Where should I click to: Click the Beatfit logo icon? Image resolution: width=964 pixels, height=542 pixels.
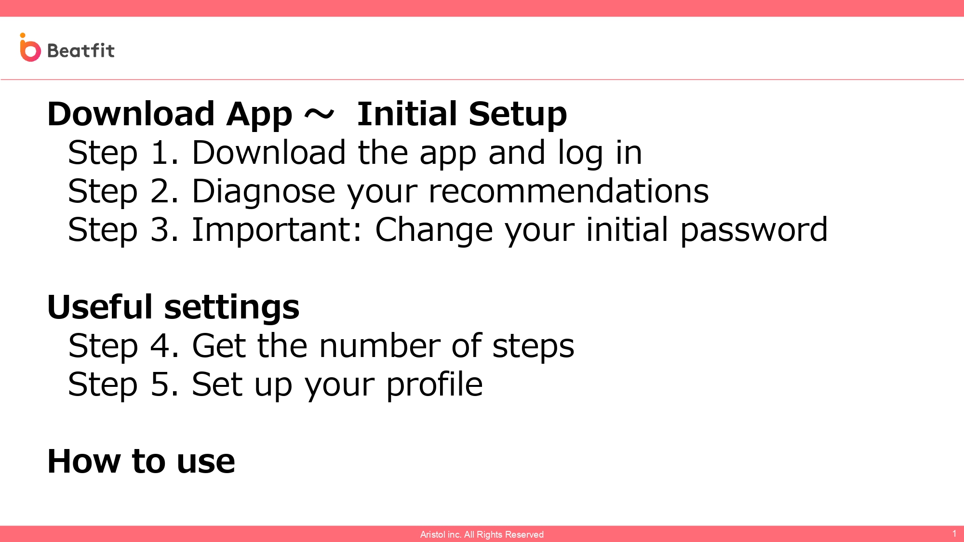[x=30, y=48]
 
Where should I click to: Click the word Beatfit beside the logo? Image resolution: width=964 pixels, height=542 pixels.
[x=81, y=50]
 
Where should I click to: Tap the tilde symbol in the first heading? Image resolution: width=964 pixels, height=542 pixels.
[x=319, y=115]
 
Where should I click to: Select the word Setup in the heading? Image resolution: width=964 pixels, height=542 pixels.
[x=518, y=115]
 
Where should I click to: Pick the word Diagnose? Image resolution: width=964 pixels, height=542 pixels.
[x=263, y=192]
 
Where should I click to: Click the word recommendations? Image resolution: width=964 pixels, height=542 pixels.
[x=569, y=191]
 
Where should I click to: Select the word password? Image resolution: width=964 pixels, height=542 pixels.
[x=754, y=230]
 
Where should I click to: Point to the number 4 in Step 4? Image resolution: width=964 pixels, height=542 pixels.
[x=160, y=346]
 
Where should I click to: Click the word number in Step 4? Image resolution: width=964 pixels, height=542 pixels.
[x=380, y=346]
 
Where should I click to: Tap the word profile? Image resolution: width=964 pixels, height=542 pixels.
[x=435, y=385]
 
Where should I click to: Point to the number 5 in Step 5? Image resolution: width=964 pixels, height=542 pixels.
[x=160, y=384]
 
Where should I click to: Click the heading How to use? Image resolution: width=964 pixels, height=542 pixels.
[x=141, y=462]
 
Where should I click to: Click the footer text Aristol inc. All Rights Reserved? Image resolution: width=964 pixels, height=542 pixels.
[x=482, y=534]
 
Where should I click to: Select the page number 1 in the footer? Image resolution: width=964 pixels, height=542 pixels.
[x=954, y=533]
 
